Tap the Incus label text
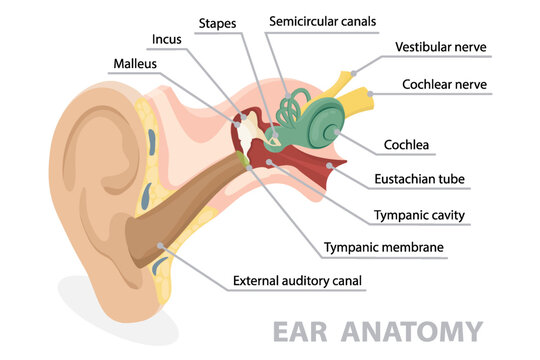165,40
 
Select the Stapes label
218,21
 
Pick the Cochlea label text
407,145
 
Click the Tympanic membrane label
383,247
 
